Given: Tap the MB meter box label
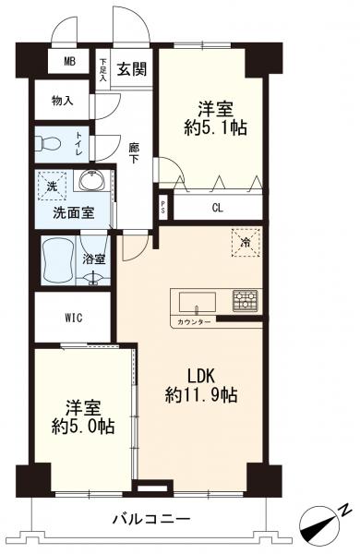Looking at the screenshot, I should (x=69, y=63).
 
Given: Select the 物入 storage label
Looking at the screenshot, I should (x=63, y=100).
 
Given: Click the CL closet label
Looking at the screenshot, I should (x=217, y=207).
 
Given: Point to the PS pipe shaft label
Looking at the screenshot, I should (x=163, y=206).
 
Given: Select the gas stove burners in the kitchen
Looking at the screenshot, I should (x=246, y=299).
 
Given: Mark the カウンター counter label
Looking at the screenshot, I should (x=193, y=321).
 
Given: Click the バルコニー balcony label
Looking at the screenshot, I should (x=152, y=519).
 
